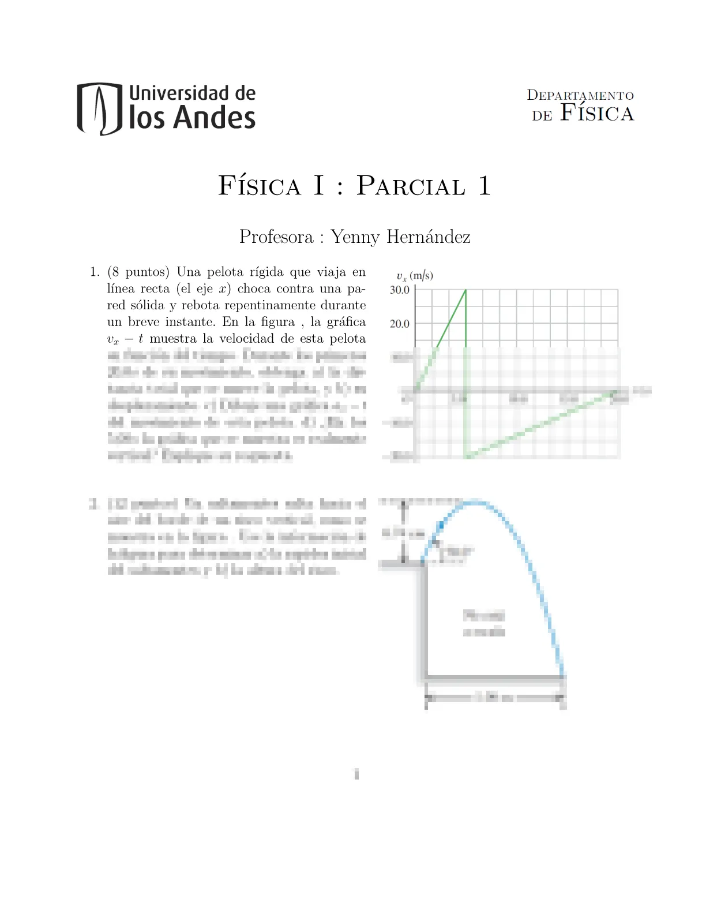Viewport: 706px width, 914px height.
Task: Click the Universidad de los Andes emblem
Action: pyautogui.click(x=99, y=108)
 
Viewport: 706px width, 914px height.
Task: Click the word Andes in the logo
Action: pyautogui.click(x=214, y=118)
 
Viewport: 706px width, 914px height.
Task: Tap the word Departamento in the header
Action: pyautogui.click(x=580, y=96)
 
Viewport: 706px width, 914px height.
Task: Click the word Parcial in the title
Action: pyautogui.click(x=411, y=186)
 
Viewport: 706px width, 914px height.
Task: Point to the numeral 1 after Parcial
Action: pyautogui.click(x=484, y=186)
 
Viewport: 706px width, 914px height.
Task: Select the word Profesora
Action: pyautogui.click(x=276, y=237)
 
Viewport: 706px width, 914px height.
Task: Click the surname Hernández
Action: pyautogui.click(x=428, y=237)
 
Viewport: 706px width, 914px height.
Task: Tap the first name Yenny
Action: pyautogui.click(x=355, y=237)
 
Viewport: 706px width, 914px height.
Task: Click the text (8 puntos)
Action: pyautogui.click(x=138, y=272)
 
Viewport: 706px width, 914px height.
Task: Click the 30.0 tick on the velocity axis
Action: pyautogui.click(x=400, y=290)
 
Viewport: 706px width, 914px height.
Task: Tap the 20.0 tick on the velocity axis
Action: pyautogui.click(x=400, y=324)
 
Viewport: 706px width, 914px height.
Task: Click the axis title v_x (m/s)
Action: pyautogui.click(x=415, y=276)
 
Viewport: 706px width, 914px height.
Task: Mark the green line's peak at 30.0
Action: pyautogui.click(x=465, y=290)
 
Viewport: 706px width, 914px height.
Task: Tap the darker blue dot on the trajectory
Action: pyautogui.click(x=441, y=525)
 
